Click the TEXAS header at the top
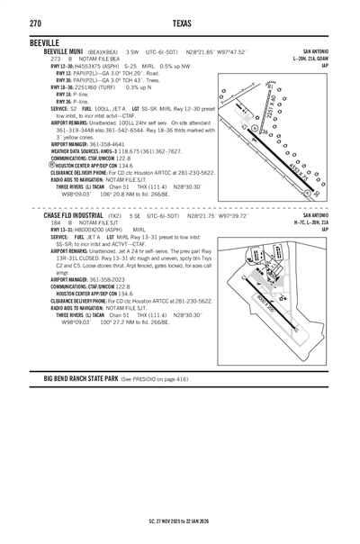pyautogui.click(x=180, y=23)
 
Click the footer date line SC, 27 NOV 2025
pyautogui.click(x=180, y=521)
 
